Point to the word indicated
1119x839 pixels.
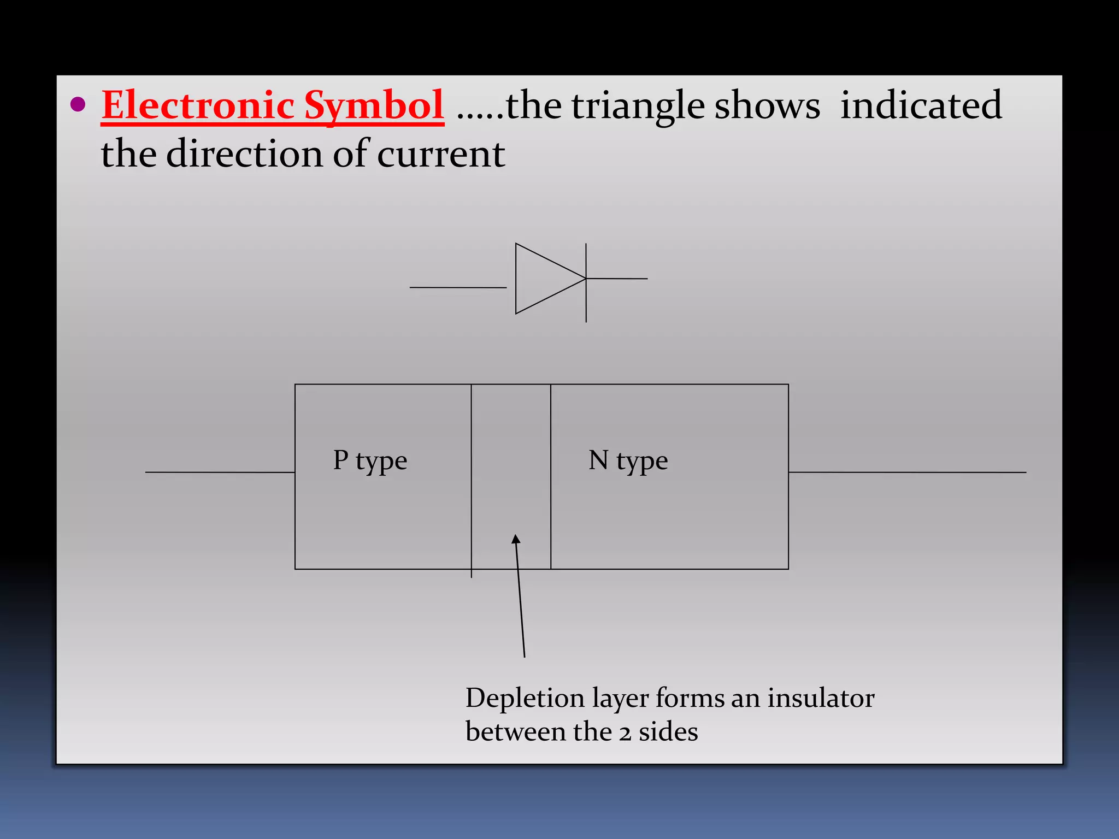[x=921, y=105]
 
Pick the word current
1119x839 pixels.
[x=440, y=155]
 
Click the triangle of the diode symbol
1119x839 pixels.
[x=544, y=279]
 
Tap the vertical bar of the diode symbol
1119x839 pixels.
[x=586, y=306]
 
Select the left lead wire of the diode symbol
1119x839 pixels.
[x=458, y=287]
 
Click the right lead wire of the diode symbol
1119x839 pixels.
[x=617, y=279]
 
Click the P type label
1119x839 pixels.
[x=370, y=460]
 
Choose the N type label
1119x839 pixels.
[x=628, y=460]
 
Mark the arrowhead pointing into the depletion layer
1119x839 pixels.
[x=516, y=540]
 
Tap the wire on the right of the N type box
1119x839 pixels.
[x=907, y=472]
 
